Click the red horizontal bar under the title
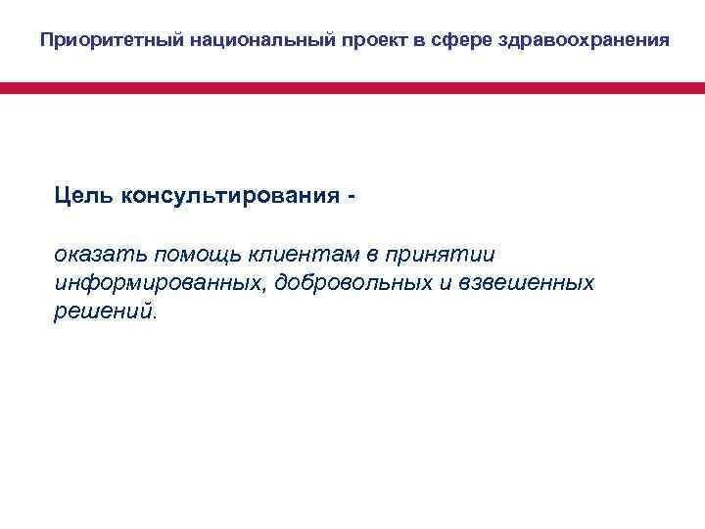click(352, 88)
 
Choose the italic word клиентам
click(299, 256)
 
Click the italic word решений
click(104, 311)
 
